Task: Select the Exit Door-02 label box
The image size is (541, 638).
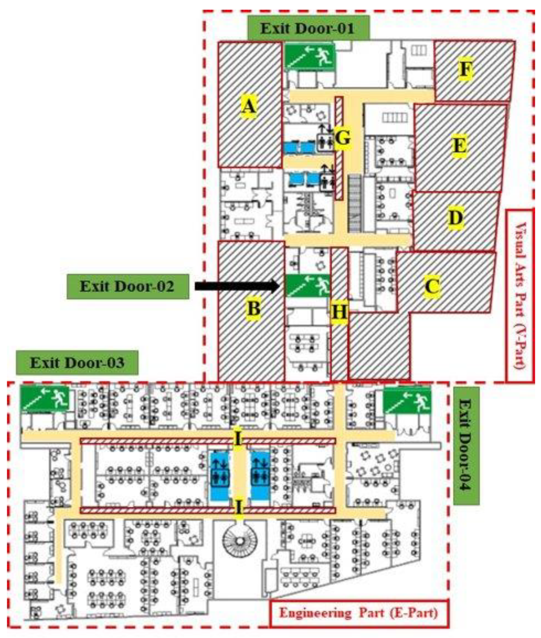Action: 127,286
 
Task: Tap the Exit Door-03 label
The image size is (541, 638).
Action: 77,363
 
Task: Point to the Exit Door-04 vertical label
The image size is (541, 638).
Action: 466,446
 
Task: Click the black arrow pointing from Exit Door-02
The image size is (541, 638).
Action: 236,286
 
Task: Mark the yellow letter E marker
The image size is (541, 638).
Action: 460,145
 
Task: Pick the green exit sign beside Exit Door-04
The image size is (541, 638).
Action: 407,400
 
